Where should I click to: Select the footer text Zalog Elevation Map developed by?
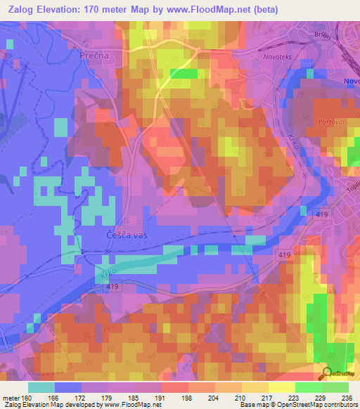(x=47, y=405)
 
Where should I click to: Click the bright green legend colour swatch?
(x=309, y=387)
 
